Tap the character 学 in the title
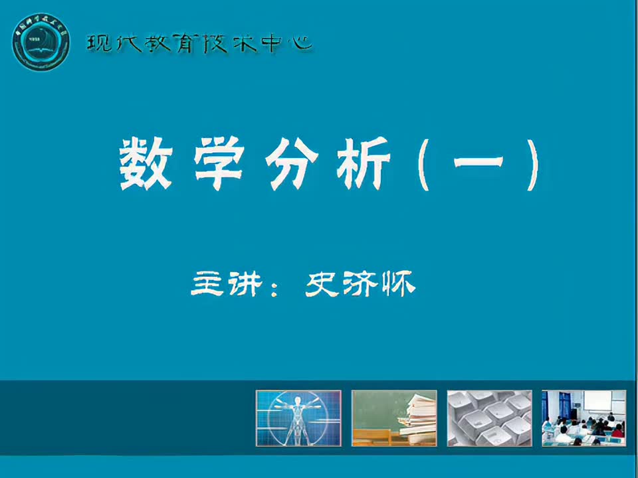[x=217, y=165]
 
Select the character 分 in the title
[x=290, y=165]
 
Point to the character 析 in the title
[x=362, y=165]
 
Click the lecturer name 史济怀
[x=360, y=285]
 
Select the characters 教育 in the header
[x=170, y=44]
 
